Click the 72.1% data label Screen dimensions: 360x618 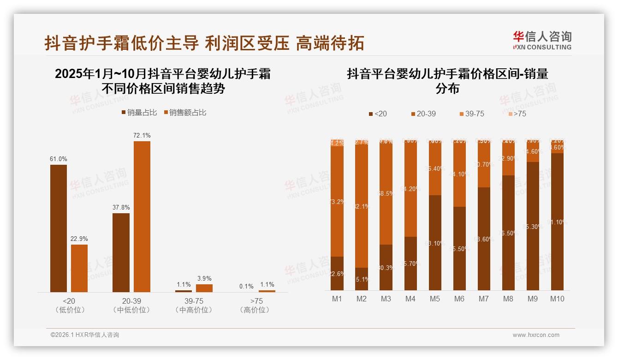pos(142,135)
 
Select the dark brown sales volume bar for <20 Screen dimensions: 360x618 pos(59,228)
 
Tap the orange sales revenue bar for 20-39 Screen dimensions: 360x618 pos(142,216)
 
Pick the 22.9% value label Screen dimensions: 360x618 pos(79,239)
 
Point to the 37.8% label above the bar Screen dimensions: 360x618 pos(121,207)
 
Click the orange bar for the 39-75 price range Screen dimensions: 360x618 pos(204,288)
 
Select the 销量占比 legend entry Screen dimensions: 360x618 pos(139,113)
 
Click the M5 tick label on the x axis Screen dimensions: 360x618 pos(435,299)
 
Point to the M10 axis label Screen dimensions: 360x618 pos(557,299)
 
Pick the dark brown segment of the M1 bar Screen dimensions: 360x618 pos(337,273)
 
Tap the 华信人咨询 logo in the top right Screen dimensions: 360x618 pos(542,40)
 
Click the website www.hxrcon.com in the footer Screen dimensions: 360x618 pos(536,335)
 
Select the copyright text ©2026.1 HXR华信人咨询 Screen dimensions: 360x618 pos(85,335)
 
